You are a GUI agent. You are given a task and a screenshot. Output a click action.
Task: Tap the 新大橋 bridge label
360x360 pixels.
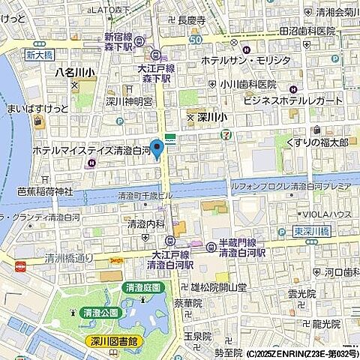pyautogui.click(x=36, y=54)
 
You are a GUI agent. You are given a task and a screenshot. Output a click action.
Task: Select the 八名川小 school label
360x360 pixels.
pyautogui.click(x=73, y=73)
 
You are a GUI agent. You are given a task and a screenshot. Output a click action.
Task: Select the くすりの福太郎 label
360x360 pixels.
pyautogui.click(x=317, y=142)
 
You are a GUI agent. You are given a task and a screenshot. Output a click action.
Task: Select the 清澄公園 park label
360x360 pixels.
pyautogui.click(x=101, y=311)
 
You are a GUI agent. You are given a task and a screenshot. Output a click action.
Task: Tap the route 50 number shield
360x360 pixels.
pyautogui.click(x=195, y=40)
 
